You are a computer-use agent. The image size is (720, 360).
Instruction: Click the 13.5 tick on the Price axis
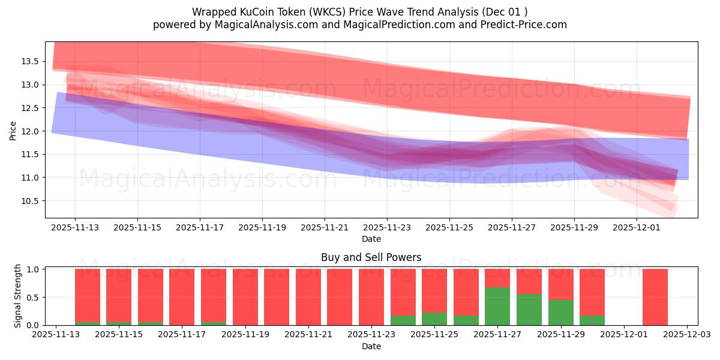[x=31, y=61]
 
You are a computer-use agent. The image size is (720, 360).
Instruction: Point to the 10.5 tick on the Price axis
[x=31, y=201]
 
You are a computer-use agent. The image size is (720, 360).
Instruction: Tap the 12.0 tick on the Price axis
[x=31, y=131]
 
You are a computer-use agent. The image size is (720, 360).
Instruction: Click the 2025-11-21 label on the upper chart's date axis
[x=325, y=228]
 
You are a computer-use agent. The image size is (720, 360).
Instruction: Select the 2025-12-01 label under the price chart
[x=637, y=228]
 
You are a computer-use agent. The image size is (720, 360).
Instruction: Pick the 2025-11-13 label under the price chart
[x=75, y=228]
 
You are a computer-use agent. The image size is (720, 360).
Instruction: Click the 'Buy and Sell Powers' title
[x=371, y=257]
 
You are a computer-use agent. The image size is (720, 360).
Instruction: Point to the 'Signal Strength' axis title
[x=18, y=296]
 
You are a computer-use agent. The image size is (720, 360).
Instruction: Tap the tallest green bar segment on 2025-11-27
[x=497, y=306]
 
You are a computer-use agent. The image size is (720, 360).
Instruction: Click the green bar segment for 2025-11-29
[x=560, y=312]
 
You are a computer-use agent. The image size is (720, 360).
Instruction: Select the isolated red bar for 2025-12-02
[x=655, y=297]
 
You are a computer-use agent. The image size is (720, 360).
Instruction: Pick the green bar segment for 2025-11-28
[x=529, y=310]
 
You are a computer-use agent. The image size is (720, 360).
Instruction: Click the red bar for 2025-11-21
[x=308, y=297]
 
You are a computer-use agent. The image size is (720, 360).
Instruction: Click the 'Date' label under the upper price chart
[x=371, y=239]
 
